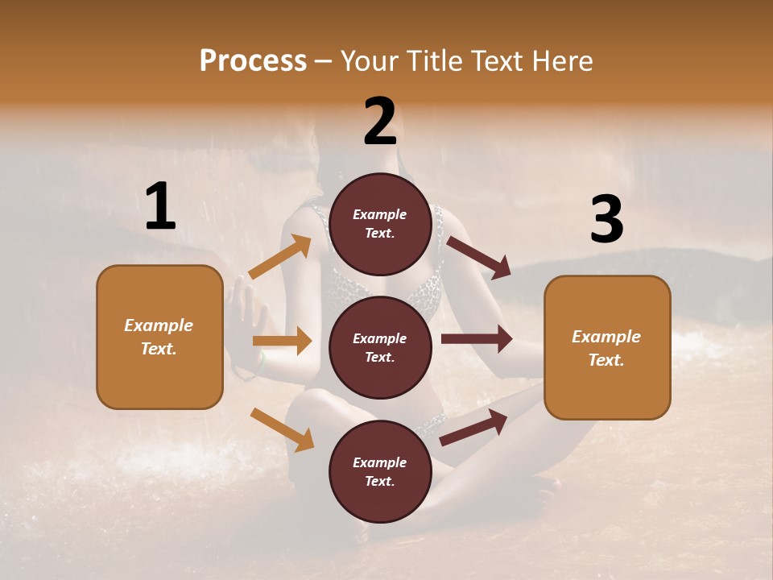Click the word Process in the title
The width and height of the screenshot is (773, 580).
253,60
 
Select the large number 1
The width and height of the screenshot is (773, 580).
160,207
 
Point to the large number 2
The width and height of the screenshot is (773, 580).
380,122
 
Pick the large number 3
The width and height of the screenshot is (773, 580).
606,219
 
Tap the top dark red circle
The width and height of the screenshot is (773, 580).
380,224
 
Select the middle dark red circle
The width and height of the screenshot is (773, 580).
380,348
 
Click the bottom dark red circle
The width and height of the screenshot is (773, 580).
380,472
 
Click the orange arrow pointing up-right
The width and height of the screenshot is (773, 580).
280,256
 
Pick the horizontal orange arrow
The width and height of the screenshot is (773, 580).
282,341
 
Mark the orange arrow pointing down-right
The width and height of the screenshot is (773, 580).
282,429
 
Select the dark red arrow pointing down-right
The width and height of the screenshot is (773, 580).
479,257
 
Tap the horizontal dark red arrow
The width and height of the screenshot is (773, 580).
477,339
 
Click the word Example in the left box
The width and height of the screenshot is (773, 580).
159,325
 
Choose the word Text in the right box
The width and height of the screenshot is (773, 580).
605,360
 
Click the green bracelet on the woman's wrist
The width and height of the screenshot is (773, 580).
262,362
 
